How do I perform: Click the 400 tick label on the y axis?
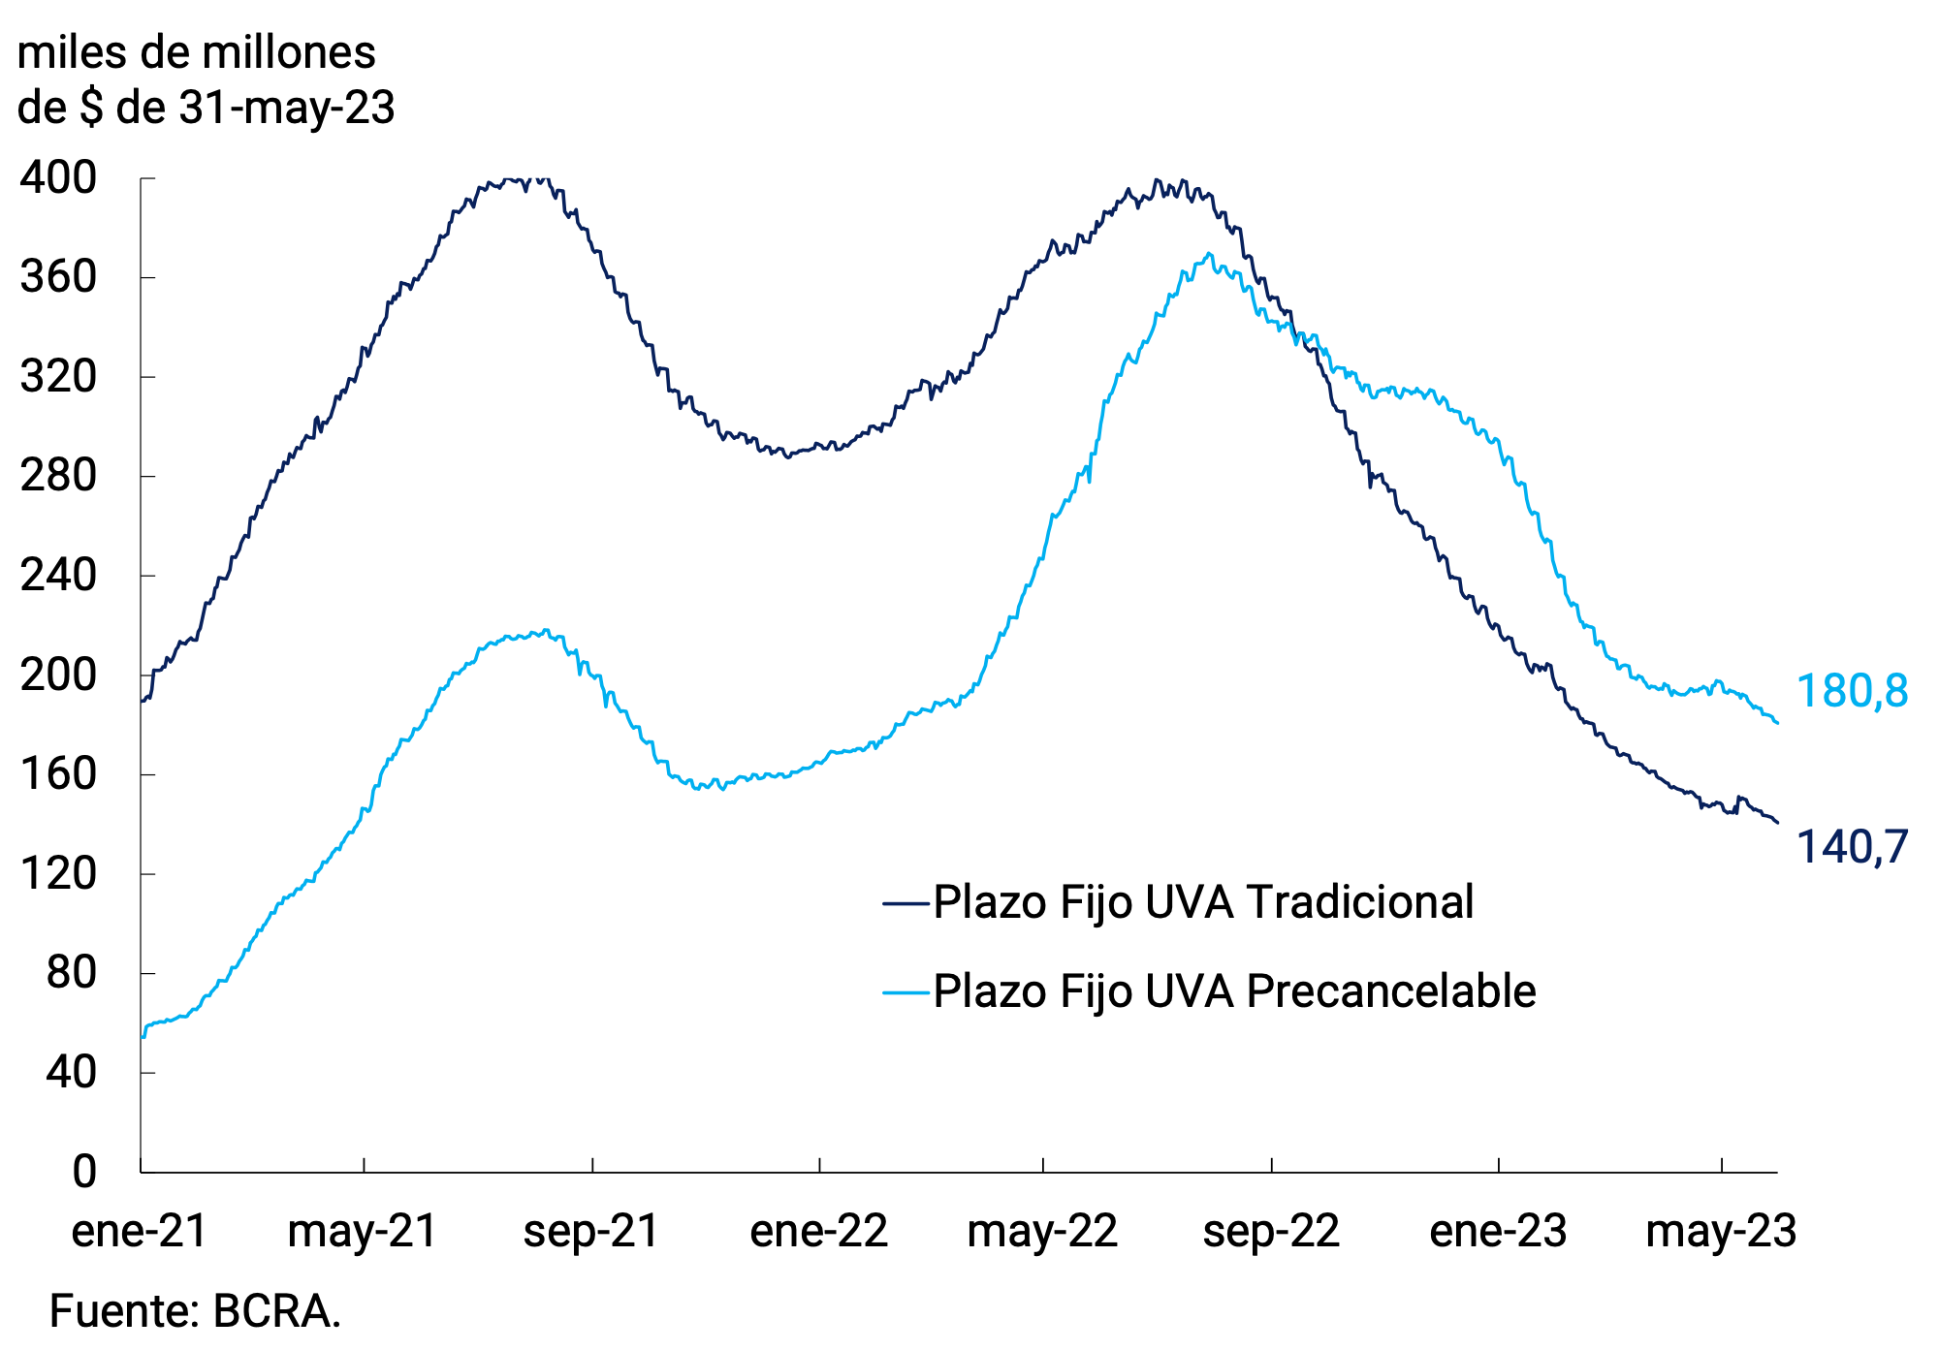58,178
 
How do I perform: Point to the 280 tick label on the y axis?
58,476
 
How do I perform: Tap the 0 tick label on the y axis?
84,1172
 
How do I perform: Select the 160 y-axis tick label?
58,774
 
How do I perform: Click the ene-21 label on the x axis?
140,1231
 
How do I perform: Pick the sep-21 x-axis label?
591,1231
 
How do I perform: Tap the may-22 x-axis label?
1042,1231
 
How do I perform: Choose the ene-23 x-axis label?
1498,1231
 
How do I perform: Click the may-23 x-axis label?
1721,1231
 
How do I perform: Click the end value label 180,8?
1852,692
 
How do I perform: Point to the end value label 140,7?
1852,847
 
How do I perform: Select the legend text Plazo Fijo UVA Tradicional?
1202,902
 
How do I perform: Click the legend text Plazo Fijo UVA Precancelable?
1233,991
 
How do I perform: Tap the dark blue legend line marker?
906,903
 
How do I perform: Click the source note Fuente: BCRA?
195,1311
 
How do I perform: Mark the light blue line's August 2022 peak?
1208,254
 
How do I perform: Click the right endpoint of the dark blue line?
1777,823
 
